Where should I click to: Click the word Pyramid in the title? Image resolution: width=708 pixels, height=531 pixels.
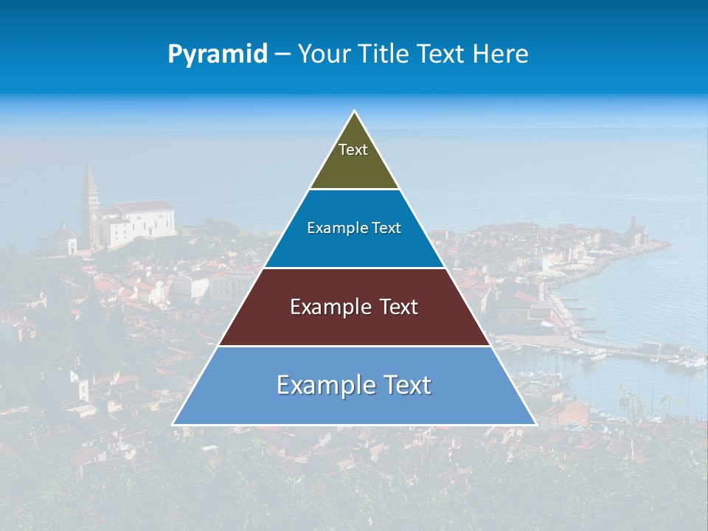click(218, 54)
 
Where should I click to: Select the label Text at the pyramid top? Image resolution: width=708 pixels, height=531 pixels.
click(353, 150)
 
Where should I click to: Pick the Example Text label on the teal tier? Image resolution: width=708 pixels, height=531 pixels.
click(354, 228)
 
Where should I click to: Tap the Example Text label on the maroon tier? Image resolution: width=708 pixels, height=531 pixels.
click(354, 307)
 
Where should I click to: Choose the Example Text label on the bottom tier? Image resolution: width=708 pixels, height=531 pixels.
click(354, 385)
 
